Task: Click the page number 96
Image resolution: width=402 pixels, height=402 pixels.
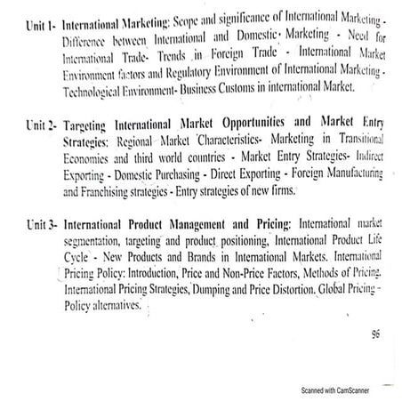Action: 374,335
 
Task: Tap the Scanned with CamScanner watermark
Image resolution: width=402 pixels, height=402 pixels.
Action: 334,390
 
